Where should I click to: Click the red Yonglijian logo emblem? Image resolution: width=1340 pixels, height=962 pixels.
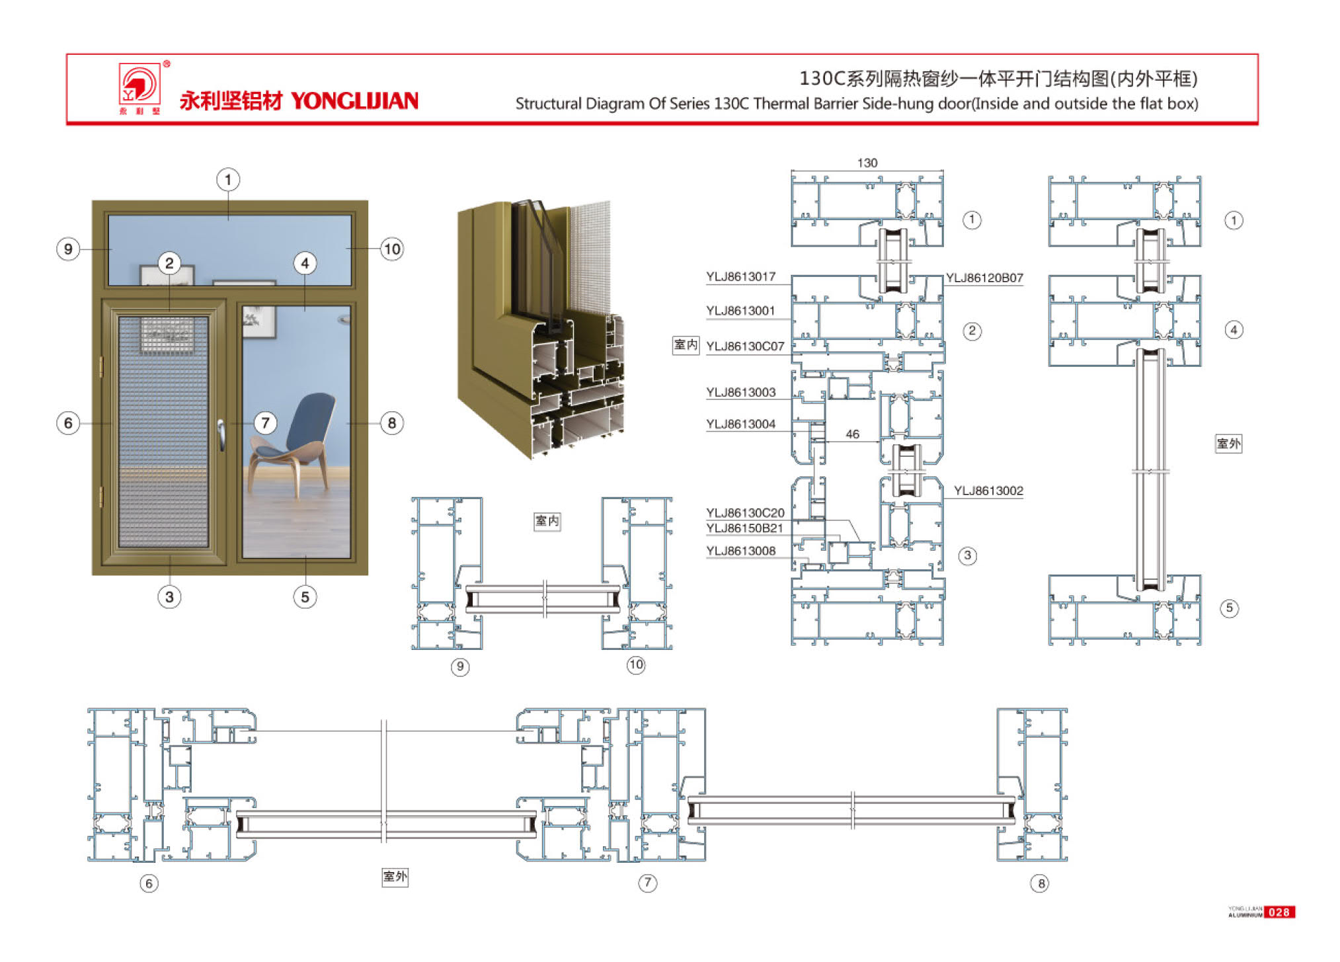click(x=139, y=85)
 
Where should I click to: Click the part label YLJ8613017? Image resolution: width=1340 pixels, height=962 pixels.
click(x=740, y=277)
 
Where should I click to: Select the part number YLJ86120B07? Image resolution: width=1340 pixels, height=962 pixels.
click(x=984, y=278)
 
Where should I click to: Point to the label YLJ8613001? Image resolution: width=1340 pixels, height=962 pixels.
click(x=740, y=311)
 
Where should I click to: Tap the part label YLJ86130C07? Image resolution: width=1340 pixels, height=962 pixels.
click(x=745, y=346)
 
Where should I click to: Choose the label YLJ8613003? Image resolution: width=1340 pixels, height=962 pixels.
click(x=740, y=393)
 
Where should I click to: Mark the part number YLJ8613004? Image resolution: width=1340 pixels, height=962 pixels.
click(x=740, y=424)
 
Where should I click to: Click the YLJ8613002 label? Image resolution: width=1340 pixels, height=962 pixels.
click(x=988, y=491)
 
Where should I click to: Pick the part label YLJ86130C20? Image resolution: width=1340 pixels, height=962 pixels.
click(x=745, y=513)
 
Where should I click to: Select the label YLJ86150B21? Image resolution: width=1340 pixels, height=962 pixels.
click(x=744, y=528)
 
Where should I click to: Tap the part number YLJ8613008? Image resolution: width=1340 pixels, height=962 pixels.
click(x=740, y=551)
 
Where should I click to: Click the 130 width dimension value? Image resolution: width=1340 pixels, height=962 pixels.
click(x=867, y=163)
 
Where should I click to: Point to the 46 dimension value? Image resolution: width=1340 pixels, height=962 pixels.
click(x=852, y=434)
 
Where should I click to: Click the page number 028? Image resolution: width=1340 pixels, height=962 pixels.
click(x=1279, y=912)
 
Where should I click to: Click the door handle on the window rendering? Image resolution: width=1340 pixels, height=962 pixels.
click(x=221, y=435)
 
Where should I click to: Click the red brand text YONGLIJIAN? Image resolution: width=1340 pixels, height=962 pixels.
click(x=354, y=101)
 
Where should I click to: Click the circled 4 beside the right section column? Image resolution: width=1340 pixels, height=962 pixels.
click(x=1234, y=330)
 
